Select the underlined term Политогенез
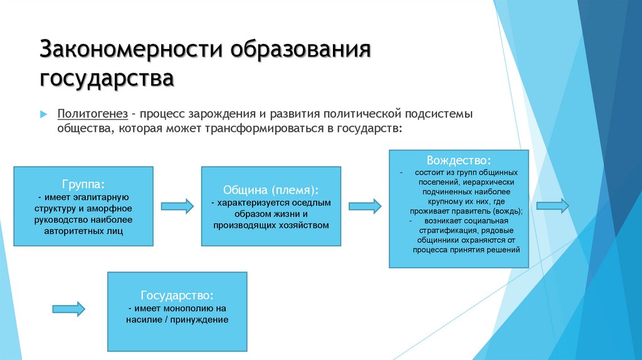pos(93,115)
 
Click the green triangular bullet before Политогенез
pos(44,115)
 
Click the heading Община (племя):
pos(271,189)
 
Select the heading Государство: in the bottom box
pos(177,295)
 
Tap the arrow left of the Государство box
pos(68,307)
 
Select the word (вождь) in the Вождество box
pos(508,211)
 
